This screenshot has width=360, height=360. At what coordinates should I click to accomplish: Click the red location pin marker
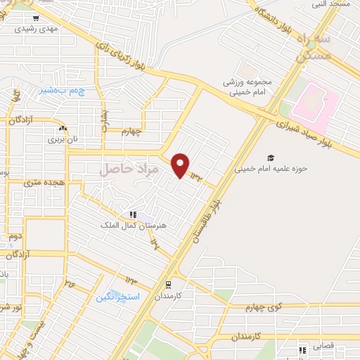coord(181,166)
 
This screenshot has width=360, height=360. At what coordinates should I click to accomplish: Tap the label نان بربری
coord(63,139)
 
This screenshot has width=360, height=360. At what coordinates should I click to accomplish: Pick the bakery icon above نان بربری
coord(63,128)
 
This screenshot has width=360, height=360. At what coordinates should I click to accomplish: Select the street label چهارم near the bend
coord(131,130)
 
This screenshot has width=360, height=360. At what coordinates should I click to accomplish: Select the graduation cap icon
coord(271,157)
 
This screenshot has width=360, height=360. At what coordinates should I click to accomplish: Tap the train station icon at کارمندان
coord(169,285)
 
